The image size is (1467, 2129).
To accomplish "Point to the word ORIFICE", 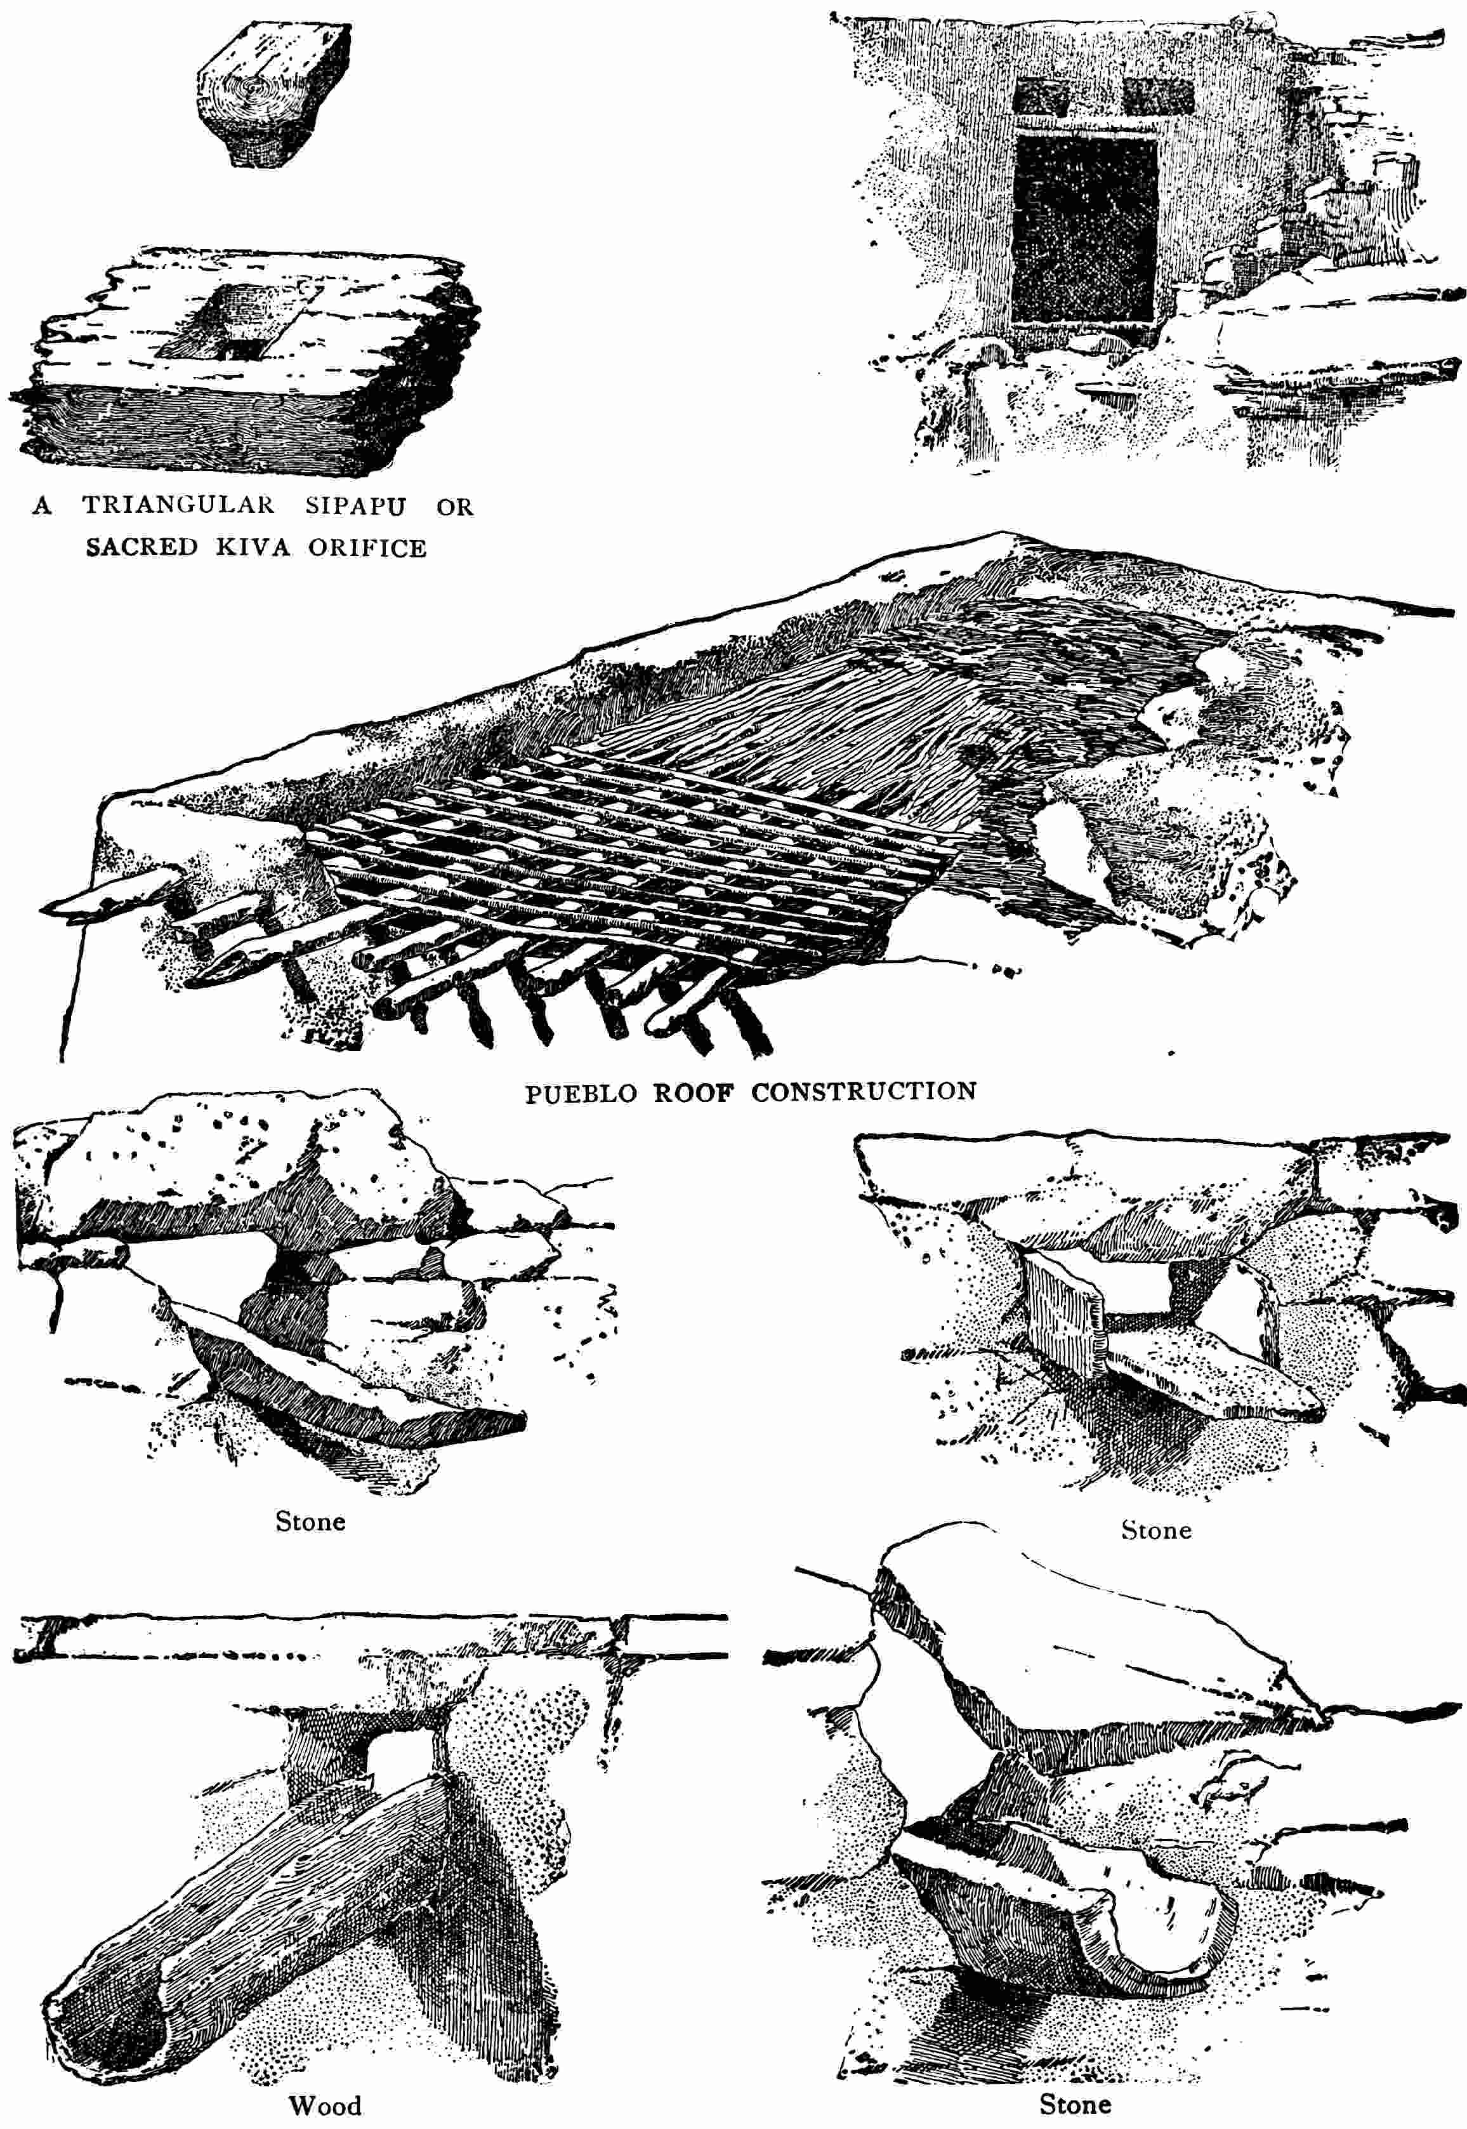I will coord(367,547).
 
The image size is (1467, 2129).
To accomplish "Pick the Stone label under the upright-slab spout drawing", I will coord(1155,1530).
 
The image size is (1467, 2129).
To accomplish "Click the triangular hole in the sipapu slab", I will coord(244,347).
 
